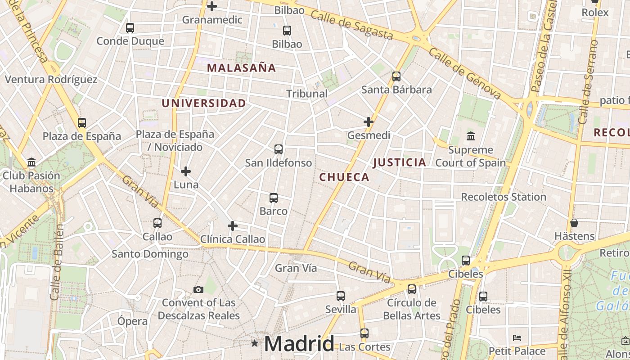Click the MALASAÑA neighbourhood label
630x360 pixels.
[x=241, y=68]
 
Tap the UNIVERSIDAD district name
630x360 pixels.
[x=204, y=103]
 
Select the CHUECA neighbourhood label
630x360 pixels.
[x=344, y=177]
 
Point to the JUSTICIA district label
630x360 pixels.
[x=400, y=162]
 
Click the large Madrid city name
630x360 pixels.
[x=299, y=344]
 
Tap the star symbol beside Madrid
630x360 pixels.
[x=255, y=343]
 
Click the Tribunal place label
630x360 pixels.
[x=307, y=94]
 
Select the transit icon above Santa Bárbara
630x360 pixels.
[x=396, y=76]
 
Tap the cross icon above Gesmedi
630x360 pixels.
[x=369, y=122]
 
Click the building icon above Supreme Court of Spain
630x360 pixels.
[x=471, y=136]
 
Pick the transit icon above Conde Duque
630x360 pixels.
[x=130, y=28]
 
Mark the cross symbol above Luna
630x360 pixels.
[x=186, y=171]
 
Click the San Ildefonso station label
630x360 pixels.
[x=278, y=162]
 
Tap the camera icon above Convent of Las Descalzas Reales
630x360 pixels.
[x=198, y=289]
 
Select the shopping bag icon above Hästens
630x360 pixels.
[x=574, y=223]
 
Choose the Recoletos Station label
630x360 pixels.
[x=504, y=197]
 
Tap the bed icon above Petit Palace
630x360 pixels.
[x=517, y=337]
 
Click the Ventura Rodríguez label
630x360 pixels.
[x=51, y=80]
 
